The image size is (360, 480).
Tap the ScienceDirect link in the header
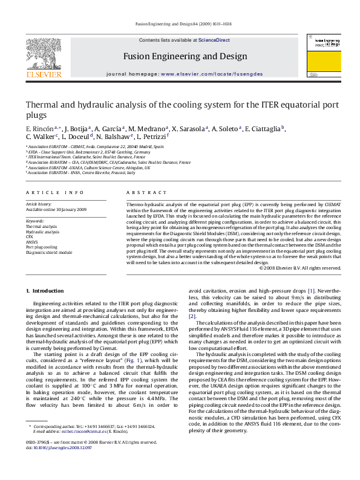click(214, 40)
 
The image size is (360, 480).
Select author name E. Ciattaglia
click(264, 129)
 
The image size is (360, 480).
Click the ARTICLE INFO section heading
click(55, 192)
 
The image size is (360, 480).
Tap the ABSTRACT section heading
click(138, 192)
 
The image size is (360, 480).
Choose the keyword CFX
click(29, 237)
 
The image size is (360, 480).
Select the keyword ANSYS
click(31, 242)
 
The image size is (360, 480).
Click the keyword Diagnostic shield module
click(48, 252)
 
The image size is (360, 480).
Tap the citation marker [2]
click(192, 316)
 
